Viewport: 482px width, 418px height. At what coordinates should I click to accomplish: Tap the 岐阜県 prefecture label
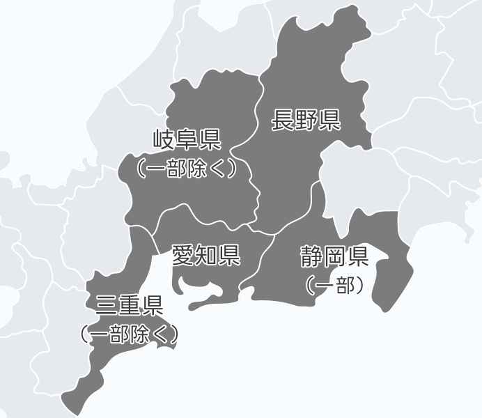tap(186, 139)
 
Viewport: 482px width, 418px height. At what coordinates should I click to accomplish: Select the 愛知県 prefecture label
tap(205, 255)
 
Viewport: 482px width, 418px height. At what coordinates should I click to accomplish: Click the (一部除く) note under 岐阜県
tap(186, 168)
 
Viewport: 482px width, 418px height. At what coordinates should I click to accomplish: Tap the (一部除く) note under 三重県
tap(129, 334)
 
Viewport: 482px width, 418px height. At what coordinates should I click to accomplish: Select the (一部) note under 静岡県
tap(334, 284)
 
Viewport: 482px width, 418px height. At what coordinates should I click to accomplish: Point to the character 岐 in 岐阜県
tap(164, 139)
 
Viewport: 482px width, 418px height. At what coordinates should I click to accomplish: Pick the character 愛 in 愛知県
tap(183, 255)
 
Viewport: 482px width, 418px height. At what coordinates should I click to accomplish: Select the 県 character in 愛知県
tap(228, 255)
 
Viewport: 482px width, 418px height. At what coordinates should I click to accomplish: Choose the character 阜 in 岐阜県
tap(186, 139)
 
